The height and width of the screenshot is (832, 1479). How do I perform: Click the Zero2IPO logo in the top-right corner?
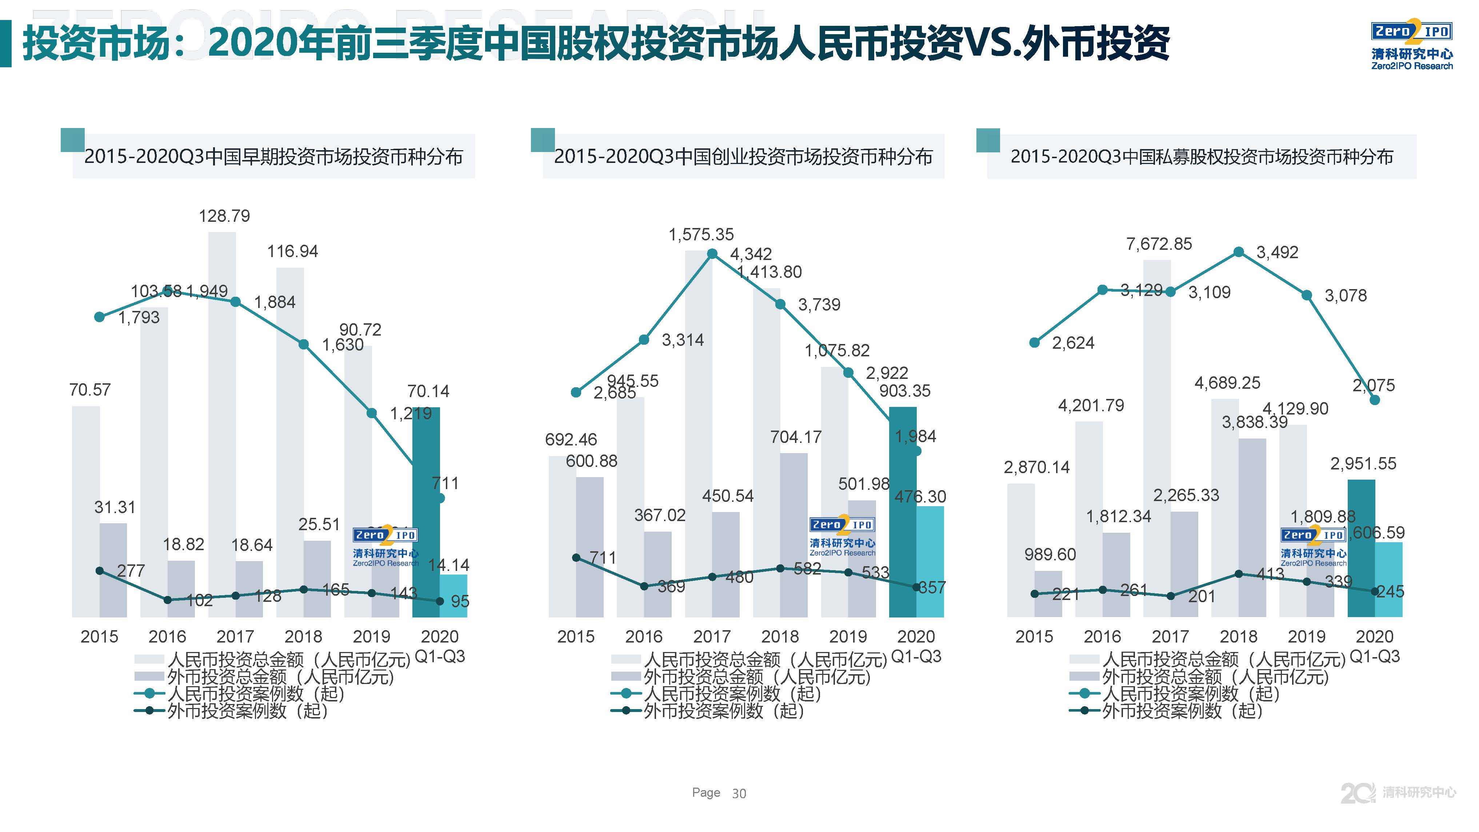[x=1411, y=46]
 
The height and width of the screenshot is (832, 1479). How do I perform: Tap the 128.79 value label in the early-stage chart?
[x=224, y=216]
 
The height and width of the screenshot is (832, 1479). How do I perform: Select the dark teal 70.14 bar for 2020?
[x=425, y=511]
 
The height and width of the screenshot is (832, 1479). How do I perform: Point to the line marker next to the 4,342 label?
[x=712, y=254]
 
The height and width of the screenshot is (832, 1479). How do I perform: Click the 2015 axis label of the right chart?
[x=1034, y=636]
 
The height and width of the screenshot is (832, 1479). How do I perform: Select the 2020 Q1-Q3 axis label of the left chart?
[x=440, y=645]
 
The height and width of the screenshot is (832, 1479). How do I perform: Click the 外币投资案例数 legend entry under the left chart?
[x=247, y=711]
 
